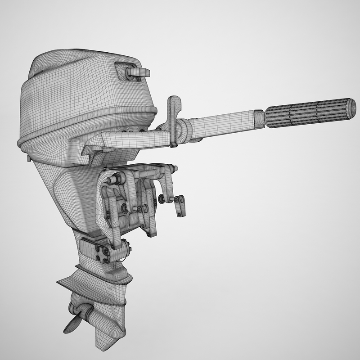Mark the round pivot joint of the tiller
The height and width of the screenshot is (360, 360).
click(184, 129)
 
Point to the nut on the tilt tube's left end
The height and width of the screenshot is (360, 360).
click(109, 179)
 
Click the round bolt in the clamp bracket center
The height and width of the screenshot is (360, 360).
click(125, 207)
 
